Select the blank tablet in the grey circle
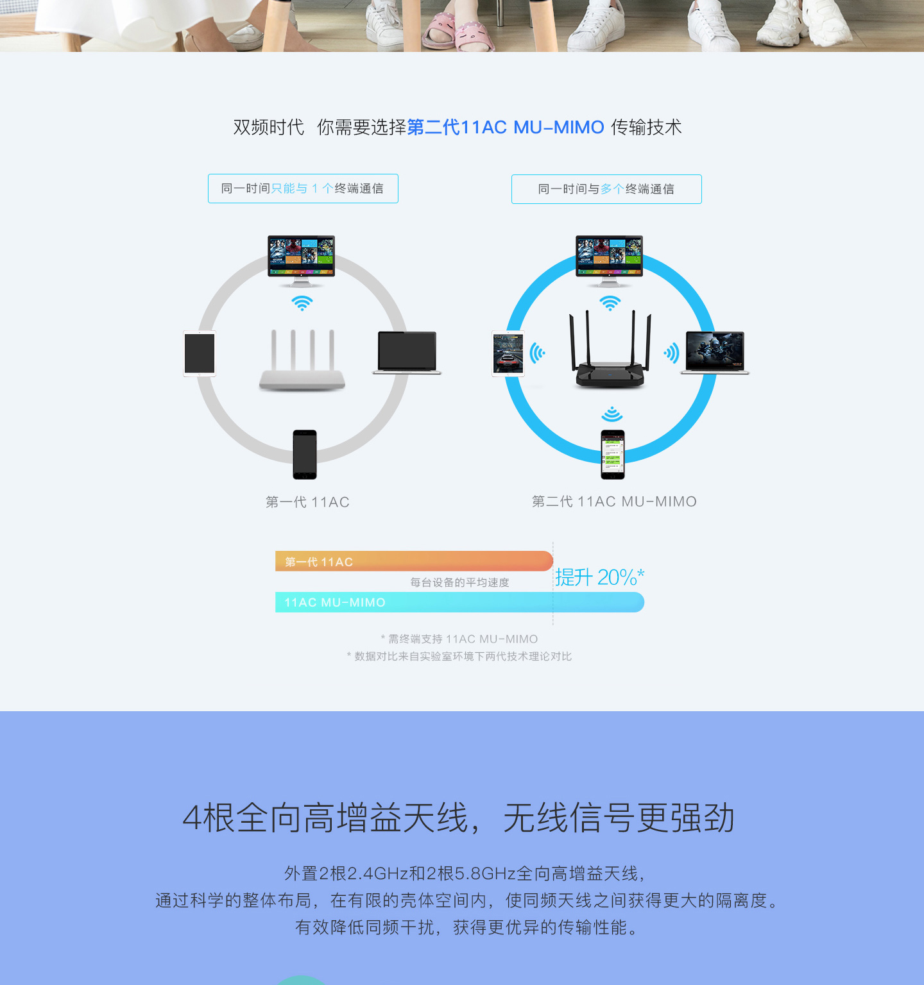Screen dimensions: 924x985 point(200,353)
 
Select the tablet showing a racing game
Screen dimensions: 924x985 point(508,353)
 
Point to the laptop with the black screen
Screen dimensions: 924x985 point(407,353)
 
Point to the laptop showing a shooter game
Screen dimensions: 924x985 point(715,353)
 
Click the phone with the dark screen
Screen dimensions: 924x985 point(305,455)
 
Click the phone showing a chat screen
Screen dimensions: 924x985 point(613,455)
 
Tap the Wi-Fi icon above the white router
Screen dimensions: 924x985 point(302,303)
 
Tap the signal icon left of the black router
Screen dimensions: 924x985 point(538,353)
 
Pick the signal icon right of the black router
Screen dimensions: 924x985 point(671,353)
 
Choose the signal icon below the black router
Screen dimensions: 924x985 point(613,414)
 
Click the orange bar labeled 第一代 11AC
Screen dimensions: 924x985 point(414,561)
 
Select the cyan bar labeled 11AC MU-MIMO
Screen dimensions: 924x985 point(459,602)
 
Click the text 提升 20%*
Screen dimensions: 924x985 point(600,577)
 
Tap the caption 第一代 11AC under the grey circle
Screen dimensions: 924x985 point(307,502)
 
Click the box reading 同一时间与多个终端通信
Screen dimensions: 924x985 point(606,189)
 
